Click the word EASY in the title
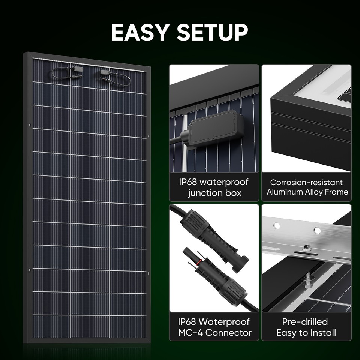[141, 33]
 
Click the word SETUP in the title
[212, 33]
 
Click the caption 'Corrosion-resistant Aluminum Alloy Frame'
[306, 187]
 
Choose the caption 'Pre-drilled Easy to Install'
[306, 327]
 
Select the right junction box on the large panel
[105, 71]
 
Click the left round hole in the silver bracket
[277, 225]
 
